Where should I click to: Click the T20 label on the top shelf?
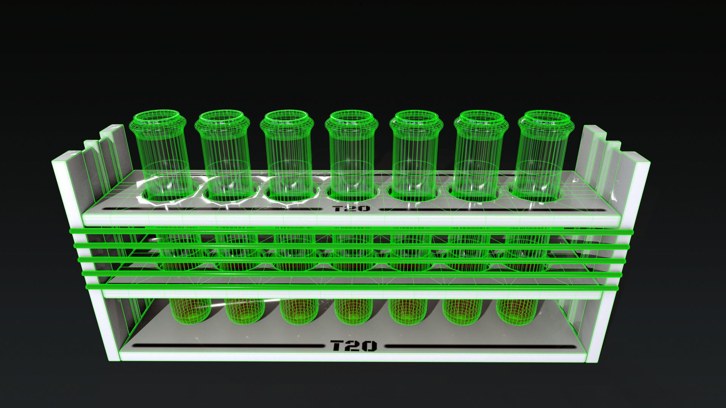click(351, 209)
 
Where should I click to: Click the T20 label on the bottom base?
click(354, 346)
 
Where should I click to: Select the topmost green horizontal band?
click(352, 231)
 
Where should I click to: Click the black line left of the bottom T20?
click(227, 346)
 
